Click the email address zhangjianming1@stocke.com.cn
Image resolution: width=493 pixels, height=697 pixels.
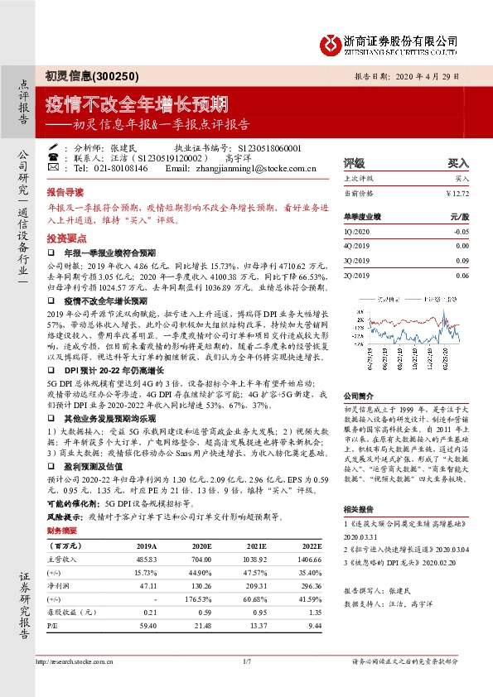coord(263,168)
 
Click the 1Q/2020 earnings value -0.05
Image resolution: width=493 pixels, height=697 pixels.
coord(462,233)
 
